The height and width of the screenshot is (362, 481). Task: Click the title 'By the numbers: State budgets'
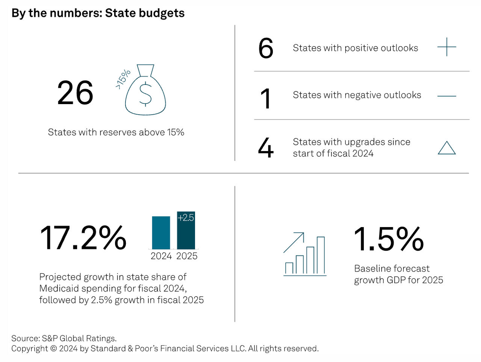pyautogui.click(x=98, y=13)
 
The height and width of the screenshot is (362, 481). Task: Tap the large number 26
pyautogui.click(x=75, y=93)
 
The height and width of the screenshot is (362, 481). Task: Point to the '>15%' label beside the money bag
pyautogui.click(x=123, y=79)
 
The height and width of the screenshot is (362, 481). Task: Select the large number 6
pyautogui.click(x=266, y=48)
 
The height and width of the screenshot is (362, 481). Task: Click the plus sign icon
pyautogui.click(x=446, y=47)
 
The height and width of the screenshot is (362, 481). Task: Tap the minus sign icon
pyautogui.click(x=446, y=96)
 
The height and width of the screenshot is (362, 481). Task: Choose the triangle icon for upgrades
pyautogui.click(x=446, y=148)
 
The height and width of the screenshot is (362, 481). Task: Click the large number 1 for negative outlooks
pyautogui.click(x=266, y=98)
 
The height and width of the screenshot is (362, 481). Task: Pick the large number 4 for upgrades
pyautogui.click(x=266, y=148)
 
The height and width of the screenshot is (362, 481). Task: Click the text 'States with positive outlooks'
pyautogui.click(x=355, y=48)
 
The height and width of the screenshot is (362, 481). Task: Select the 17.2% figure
pyautogui.click(x=83, y=238)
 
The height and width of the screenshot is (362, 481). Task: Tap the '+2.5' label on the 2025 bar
pyautogui.click(x=186, y=218)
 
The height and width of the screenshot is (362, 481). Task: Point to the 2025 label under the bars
pyautogui.click(x=187, y=256)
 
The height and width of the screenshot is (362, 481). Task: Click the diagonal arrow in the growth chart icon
pyautogui.click(x=294, y=242)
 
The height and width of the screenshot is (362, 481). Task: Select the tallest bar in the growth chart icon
pyautogui.click(x=321, y=255)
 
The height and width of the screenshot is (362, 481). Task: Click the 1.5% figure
pyautogui.click(x=389, y=239)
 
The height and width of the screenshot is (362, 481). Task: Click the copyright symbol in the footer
pyautogui.click(x=53, y=348)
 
